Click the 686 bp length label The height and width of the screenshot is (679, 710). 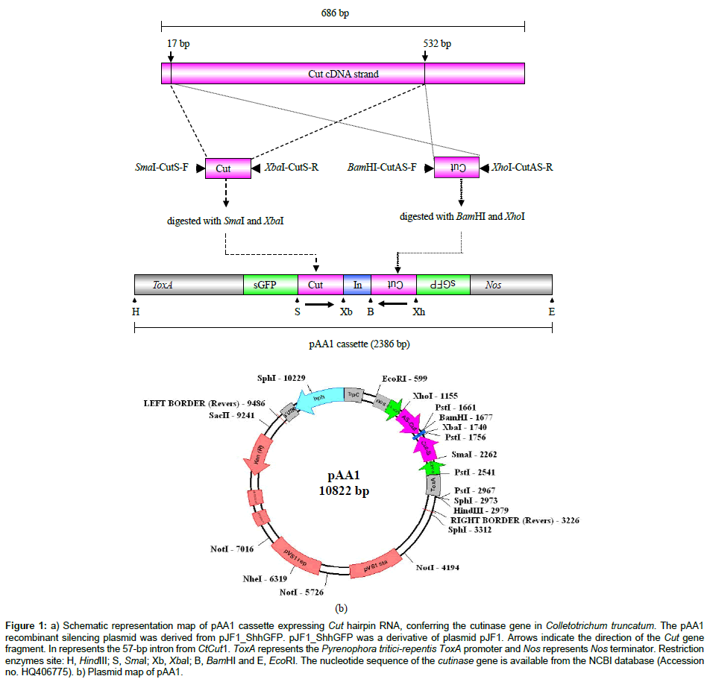coord(343,13)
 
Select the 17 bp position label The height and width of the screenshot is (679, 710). coord(177,43)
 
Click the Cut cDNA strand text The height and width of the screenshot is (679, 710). coord(343,74)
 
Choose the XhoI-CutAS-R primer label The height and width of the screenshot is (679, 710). coord(521,168)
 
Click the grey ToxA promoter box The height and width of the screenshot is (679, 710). coord(189,284)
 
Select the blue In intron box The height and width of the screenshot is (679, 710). coord(357,284)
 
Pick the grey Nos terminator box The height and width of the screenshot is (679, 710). coord(511,284)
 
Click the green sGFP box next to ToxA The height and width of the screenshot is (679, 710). coord(271,284)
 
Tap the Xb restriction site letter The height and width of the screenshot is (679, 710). coord(346,312)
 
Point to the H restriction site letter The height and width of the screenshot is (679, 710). coord(136,312)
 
